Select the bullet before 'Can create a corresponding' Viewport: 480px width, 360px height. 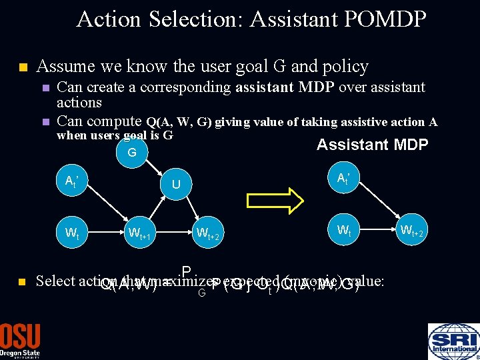click(45, 88)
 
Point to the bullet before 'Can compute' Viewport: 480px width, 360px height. click(45, 122)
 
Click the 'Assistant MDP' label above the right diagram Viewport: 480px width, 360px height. click(372, 145)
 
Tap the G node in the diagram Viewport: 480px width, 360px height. click(131, 153)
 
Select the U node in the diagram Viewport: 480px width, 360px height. click(176, 183)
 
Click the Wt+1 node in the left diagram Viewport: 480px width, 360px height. click(141, 233)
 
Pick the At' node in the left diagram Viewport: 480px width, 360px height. click(71, 181)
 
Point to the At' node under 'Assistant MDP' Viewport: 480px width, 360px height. click(344, 178)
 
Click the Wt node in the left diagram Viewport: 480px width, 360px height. click(71, 233)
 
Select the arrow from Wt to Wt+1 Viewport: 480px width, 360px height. click(105, 233)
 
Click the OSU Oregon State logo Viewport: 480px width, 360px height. click(20, 341)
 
